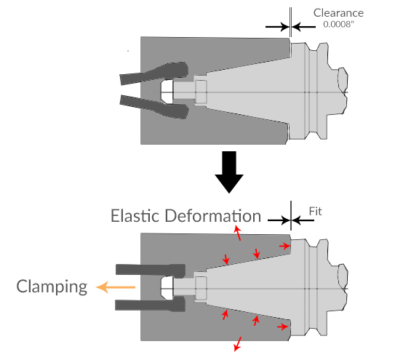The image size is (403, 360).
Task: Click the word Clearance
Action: (338, 13)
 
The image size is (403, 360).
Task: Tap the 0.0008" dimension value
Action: (338, 24)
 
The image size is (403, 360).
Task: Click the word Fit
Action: (315, 212)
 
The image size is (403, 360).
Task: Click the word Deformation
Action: (213, 215)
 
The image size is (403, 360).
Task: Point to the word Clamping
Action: (52, 287)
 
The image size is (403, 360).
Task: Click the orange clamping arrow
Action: (116, 287)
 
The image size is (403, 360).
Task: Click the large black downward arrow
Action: (229, 172)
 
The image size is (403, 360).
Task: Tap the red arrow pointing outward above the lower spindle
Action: (237, 233)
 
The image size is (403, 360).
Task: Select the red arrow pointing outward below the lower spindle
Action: (238, 344)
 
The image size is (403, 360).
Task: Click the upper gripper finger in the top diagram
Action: (154, 73)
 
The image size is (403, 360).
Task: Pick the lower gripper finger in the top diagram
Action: (154, 107)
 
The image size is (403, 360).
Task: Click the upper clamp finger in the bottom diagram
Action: (151, 271)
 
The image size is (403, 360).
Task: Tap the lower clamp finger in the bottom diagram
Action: (151, 304)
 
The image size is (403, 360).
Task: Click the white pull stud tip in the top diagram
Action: (167, 92)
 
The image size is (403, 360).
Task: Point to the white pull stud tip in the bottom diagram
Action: (167, 288)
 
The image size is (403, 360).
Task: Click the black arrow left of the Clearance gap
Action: (277, 27)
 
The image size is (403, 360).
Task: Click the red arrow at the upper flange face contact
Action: (285, 246)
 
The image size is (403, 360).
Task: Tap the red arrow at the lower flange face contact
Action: (283, 327)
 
